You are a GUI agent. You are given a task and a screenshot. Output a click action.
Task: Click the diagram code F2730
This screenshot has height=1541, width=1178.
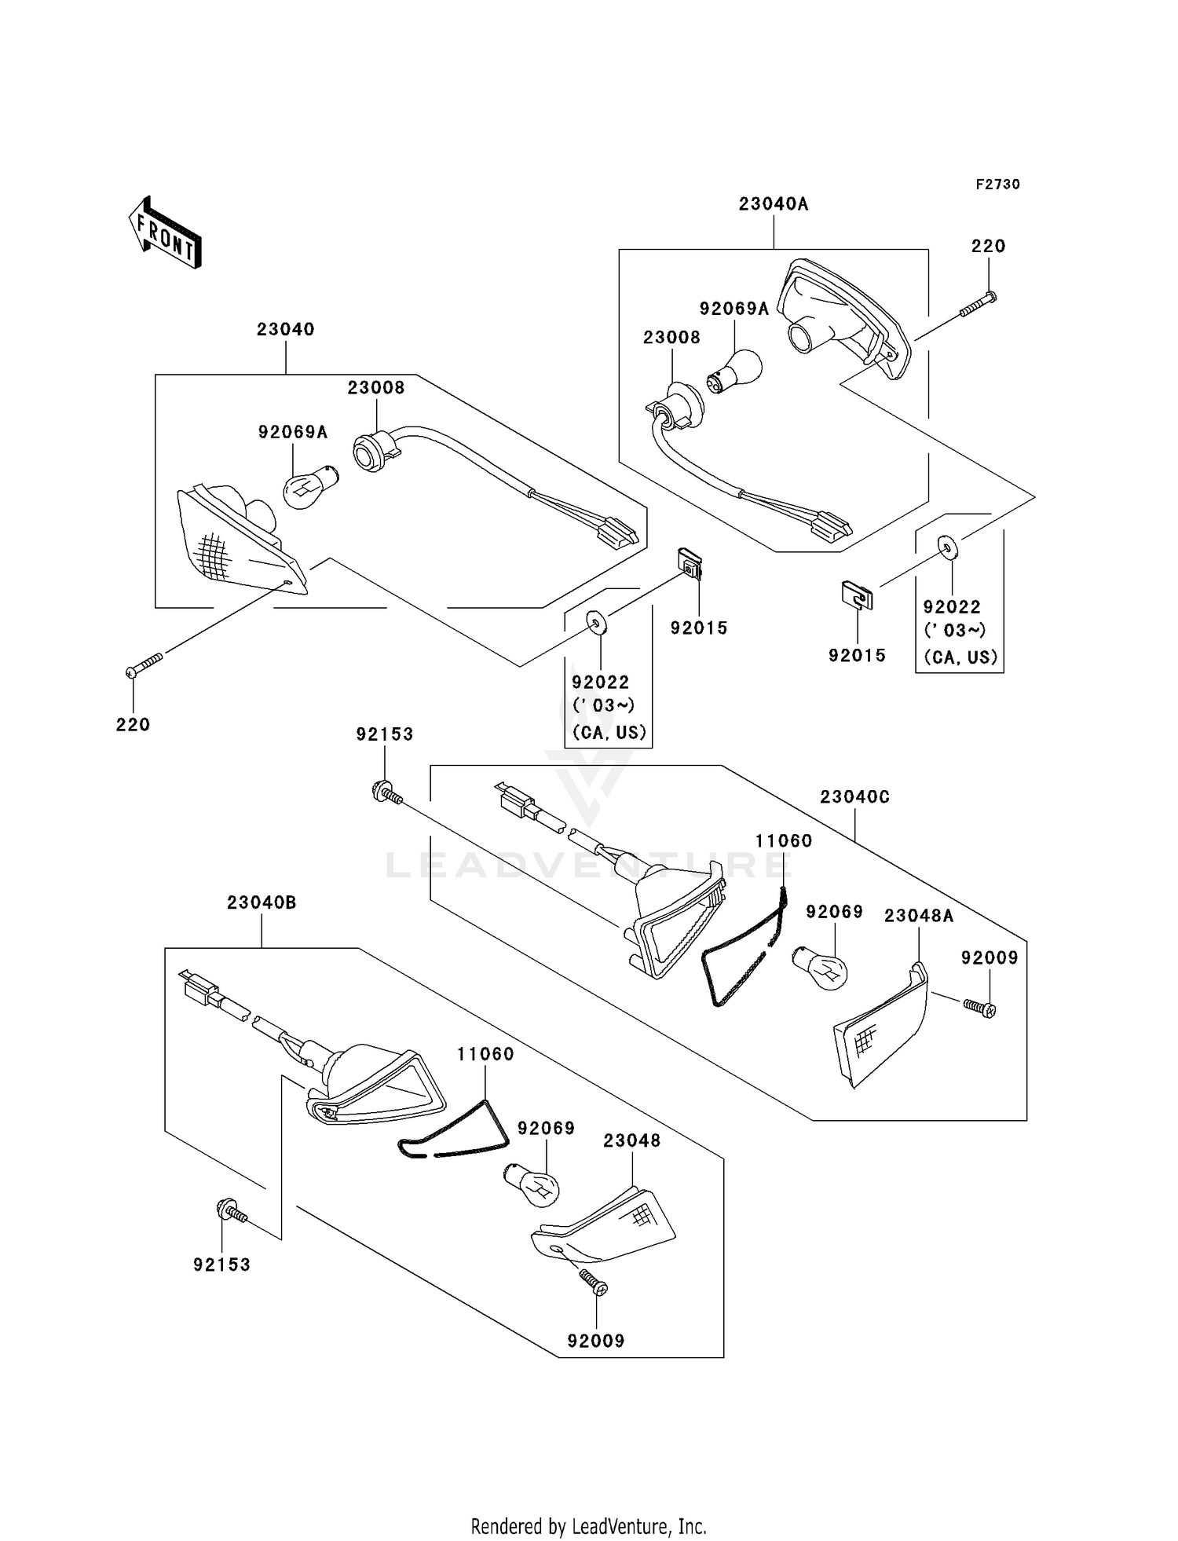(998, 185)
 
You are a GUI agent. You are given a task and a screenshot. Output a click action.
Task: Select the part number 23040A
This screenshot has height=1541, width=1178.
(774, 204)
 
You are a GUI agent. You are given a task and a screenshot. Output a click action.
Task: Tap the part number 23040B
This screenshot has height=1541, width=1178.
(262, 903)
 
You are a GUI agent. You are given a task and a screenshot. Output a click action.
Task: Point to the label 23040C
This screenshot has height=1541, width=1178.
(855, 797)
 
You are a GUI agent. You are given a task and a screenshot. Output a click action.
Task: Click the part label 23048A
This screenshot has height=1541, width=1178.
(919, 916)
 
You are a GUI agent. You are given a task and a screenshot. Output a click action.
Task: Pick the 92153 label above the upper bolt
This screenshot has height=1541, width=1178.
(385, 734)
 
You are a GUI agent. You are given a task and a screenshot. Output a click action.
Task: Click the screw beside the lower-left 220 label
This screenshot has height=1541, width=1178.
(144, 664)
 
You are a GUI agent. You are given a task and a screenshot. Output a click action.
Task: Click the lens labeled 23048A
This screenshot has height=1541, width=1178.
(880, 1024)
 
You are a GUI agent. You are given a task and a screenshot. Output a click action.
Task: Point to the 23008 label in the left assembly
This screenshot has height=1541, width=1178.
(376, 388)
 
